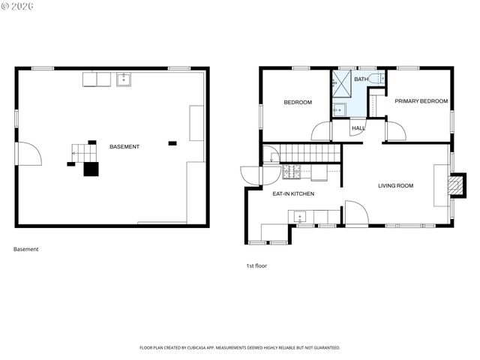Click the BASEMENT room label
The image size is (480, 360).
point(124,147)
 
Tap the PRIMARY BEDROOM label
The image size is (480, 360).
point(421,101)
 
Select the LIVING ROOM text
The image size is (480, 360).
point(395,186)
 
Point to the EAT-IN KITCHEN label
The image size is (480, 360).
point(292,194)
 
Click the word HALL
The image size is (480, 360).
point(358,128)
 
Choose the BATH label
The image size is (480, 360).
point(361,79)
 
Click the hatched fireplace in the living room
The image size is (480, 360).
point(451,185)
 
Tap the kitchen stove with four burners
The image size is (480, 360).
point(291,172)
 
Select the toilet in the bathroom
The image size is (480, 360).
point(380,78)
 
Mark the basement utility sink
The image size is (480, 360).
point(124,79)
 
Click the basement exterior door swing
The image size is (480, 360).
point(28,154)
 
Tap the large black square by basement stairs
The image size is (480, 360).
point(91,169)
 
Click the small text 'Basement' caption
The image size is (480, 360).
point(26,249)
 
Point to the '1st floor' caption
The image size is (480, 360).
point(256,265)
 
